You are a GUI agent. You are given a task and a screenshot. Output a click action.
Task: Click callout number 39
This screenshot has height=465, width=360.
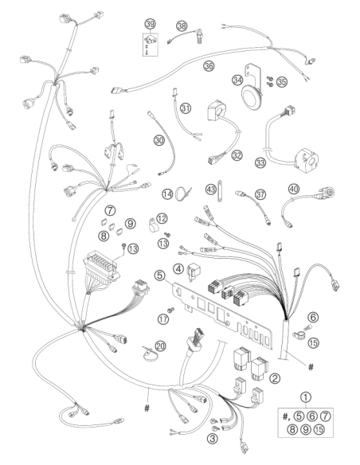click(x=151, y=24)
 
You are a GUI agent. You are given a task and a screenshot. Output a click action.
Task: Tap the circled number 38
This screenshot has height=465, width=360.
click(x=182, y=25)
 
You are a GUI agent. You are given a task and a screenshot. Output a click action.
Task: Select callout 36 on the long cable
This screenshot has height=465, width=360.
click(x=209, y=66)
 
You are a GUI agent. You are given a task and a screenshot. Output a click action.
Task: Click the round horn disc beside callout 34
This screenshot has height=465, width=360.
click(x=252, y=96)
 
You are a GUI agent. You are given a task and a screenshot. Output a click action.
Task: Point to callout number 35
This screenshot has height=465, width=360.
click(x=282, y=81)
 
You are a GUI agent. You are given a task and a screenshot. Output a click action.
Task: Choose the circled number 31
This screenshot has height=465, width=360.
click(x=186, y=108)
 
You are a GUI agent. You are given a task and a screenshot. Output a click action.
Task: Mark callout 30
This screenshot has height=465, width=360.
click(x=159, y=140)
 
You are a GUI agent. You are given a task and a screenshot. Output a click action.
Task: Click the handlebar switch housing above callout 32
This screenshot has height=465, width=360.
click(x=216, y=111)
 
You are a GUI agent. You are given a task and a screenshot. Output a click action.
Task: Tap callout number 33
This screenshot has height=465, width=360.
click(x=260, y=162)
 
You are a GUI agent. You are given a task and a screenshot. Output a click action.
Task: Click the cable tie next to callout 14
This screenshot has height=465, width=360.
click(x=182, y=194)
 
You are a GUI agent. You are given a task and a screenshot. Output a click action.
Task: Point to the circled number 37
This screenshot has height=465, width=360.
click(x=260, y=194)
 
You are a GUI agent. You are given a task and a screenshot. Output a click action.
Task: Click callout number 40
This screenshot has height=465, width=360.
click(x=294, y=189)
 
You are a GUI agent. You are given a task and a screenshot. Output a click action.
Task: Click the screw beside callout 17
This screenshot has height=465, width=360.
click(x=170, y=311)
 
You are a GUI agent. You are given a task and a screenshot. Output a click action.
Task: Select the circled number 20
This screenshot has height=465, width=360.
click(x=160, y=346)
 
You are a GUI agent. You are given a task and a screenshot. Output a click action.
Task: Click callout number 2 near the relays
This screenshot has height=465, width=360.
click(x=275, y=378)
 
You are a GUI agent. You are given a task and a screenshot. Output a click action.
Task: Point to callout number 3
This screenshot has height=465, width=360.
click(x=213, y=438)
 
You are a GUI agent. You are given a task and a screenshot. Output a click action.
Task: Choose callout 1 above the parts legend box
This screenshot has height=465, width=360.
click(x=306, y=397)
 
